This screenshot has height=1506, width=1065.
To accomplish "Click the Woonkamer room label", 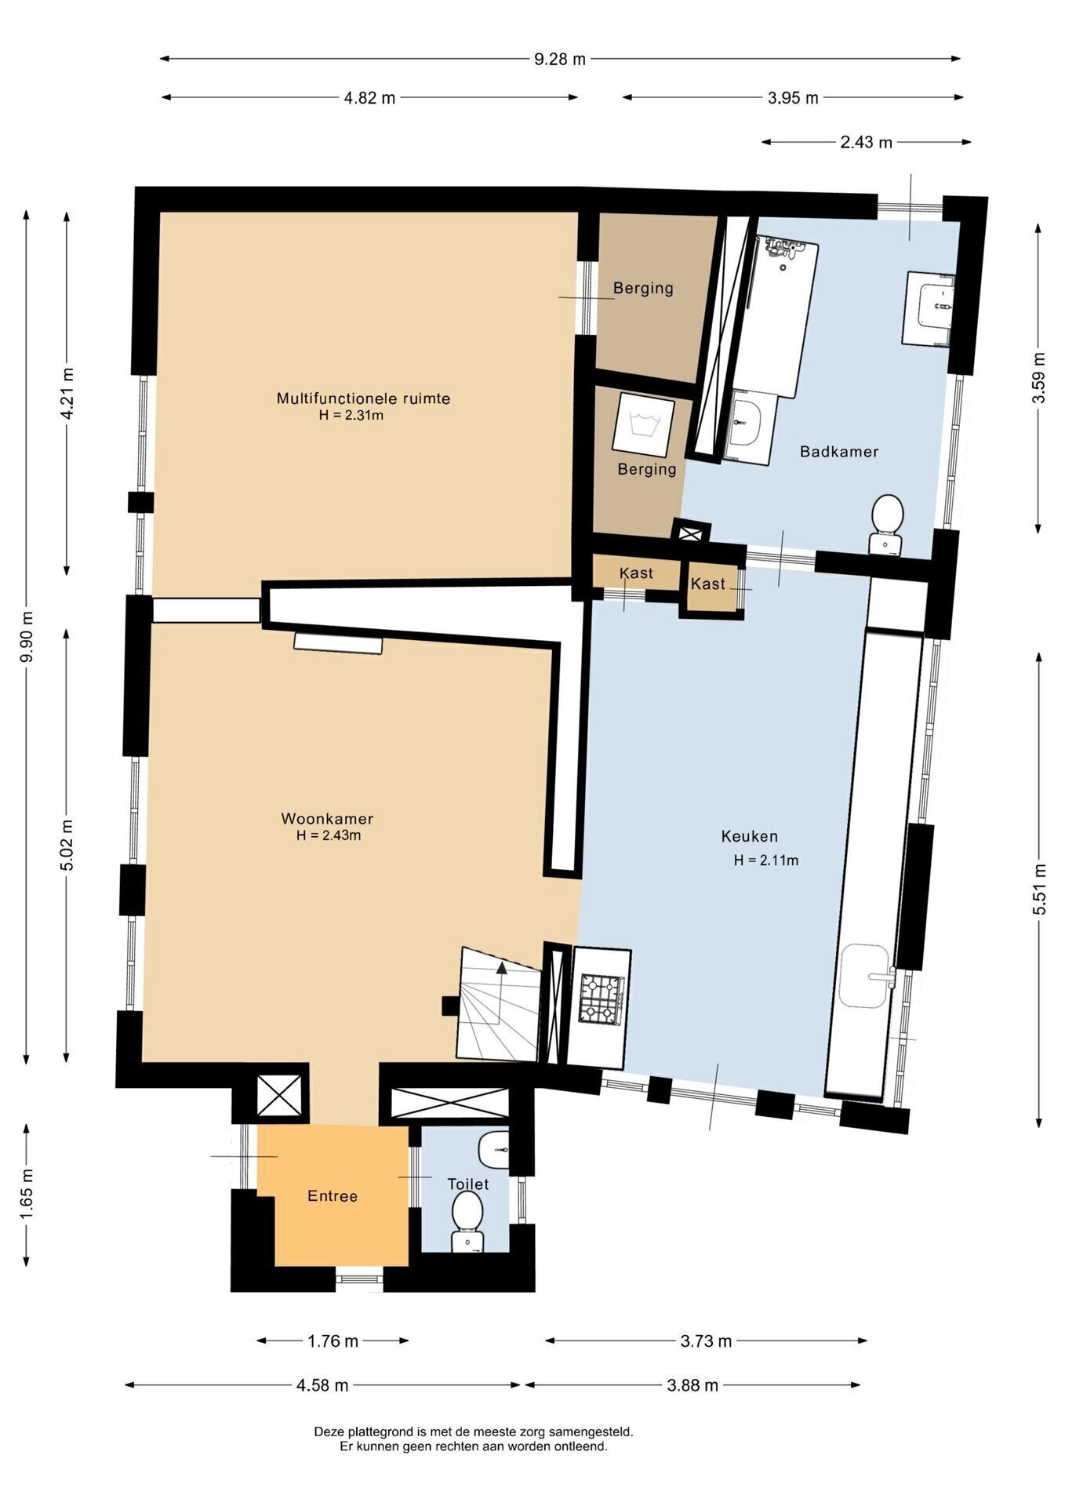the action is point(327,818).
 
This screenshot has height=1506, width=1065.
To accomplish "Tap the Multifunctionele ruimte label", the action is point(363,398).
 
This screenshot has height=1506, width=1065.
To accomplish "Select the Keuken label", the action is point(749,836).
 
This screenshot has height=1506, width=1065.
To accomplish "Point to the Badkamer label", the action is point(838,451).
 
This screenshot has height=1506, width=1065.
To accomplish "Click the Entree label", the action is point(333,1195).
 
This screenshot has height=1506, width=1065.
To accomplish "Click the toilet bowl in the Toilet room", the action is point(467,1220).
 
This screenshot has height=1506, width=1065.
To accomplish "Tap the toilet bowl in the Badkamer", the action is point(886,524).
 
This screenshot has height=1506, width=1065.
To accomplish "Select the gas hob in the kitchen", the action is point(602,999).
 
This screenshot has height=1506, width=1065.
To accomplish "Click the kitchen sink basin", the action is point(864,976).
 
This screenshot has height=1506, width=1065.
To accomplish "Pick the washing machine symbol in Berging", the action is point(643,424).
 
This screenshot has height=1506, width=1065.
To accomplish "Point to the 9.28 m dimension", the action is point(560,59).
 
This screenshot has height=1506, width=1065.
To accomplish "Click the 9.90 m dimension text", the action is point(27,636).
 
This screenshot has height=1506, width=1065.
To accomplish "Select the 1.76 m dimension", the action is point(333,1340).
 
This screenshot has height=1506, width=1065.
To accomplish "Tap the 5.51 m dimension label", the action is point(1040,889).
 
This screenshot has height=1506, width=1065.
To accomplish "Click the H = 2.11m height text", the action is point(766,860).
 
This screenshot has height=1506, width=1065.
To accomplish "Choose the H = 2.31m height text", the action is point(351,415).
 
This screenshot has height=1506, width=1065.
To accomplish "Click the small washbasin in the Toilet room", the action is point(494,1149).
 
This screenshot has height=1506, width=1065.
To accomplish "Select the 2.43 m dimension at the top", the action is point(866,142).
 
